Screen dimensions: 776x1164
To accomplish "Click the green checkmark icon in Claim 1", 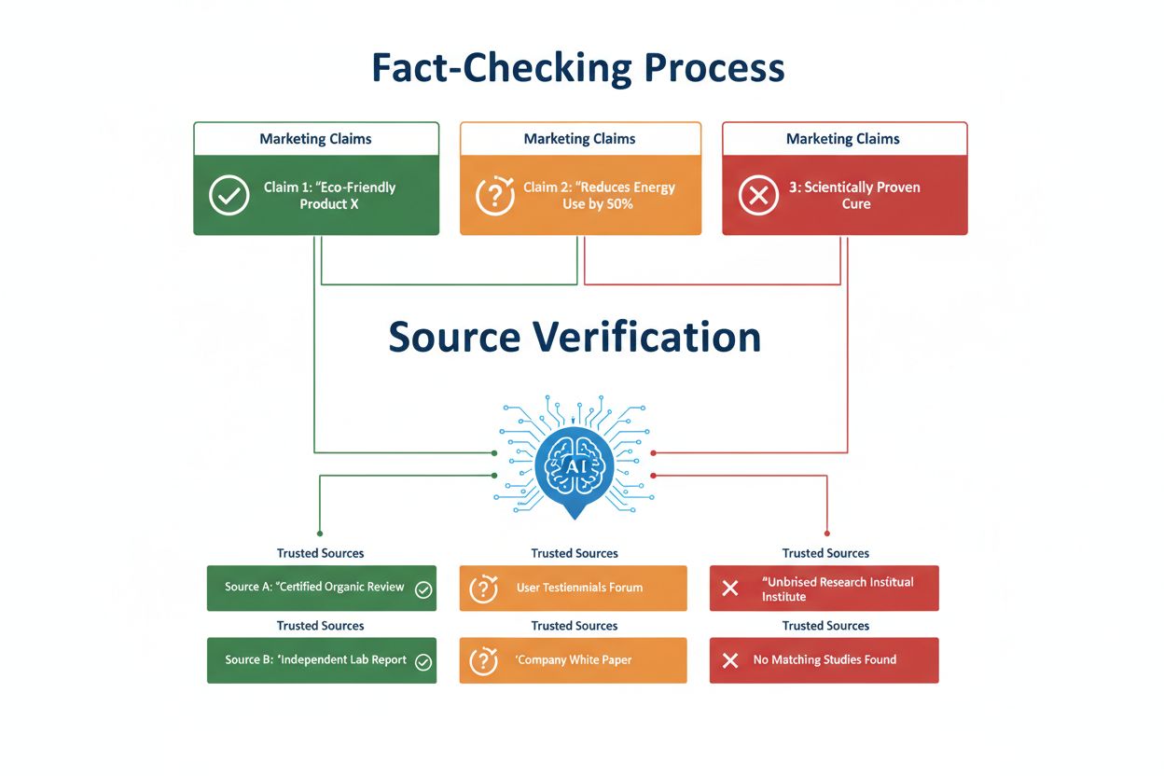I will (229, 195).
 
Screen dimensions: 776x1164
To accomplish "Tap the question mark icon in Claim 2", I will (494, 195).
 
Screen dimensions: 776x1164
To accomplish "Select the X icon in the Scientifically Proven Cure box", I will (758, 195).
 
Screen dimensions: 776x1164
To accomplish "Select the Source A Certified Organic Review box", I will (321, 588).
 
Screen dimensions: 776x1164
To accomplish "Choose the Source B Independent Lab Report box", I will (321, 660).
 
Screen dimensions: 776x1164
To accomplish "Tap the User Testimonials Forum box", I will (573, 588).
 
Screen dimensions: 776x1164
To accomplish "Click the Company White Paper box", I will (573, 660).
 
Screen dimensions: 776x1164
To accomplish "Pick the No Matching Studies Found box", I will (824, 660).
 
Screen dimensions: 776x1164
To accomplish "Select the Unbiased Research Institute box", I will (824, 589).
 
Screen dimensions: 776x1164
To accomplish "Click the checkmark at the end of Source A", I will (423, 589).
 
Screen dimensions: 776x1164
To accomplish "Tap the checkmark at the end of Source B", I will (423, 661).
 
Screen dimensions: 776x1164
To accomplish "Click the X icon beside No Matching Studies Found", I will (730, 660).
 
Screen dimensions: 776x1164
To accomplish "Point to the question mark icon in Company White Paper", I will (483, 660).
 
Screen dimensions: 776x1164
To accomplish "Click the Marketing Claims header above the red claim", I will (843, 139).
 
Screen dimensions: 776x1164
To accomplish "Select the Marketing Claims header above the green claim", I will (315, 139).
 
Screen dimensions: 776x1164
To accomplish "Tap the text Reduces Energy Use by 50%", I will (599, 195).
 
